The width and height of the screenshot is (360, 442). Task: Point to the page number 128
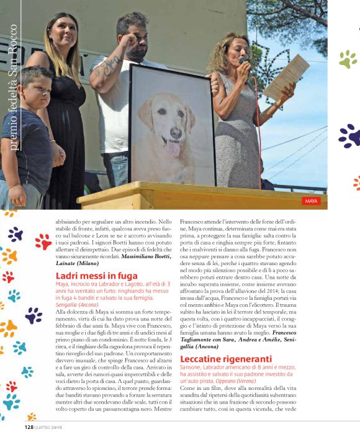(x=29, y=427)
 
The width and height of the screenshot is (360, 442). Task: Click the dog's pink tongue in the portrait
(x=174, y=150)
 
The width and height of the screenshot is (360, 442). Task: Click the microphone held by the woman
(x=243, y=61)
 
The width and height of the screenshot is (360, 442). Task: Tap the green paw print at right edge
(x=348, y=59)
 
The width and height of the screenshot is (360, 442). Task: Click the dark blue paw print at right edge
(x=349, y=135)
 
